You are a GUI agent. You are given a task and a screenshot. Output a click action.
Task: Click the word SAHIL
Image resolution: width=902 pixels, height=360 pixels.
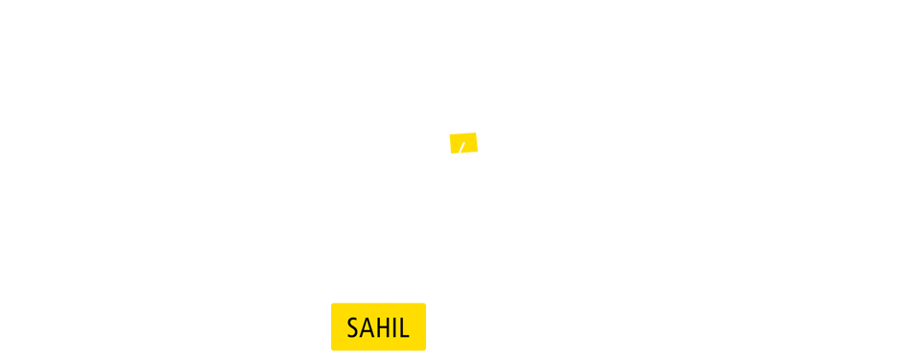tap(378, 327)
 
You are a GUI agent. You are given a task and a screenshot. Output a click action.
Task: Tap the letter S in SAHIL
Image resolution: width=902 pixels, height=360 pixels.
tap(353, 327)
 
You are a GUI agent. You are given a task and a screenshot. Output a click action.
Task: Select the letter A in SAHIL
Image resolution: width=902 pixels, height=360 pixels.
tap(367, 327)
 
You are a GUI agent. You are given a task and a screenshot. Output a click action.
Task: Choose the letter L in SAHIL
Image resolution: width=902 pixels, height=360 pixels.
tap(404, 327)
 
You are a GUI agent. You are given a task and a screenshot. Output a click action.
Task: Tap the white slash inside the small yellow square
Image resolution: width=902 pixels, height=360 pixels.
tap(462, 149)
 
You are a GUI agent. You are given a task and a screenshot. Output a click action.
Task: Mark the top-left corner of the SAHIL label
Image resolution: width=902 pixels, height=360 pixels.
tap(332, 304)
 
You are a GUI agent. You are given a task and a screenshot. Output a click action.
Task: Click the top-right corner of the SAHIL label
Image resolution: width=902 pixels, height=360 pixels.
tap(424, 304)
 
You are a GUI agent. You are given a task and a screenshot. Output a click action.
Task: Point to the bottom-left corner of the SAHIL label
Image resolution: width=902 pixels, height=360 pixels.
tap(332, 349)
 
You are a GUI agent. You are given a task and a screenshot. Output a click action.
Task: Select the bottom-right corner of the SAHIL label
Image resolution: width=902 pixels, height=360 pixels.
tap(424, 349)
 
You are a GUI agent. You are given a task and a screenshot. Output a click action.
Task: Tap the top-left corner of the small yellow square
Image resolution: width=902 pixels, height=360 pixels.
tap(450, 132)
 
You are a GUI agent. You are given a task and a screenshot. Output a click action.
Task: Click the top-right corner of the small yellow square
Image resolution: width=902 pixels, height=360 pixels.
tap(477, 132)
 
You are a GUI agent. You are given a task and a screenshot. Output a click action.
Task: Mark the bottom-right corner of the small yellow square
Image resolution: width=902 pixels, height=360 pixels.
tap(477, 153)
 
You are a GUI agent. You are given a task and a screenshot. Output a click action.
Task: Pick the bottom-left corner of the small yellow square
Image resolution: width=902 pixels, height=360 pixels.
tap(450, 153)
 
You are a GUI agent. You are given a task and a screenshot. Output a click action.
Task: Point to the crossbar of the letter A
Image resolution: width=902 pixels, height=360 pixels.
tap(367, 332)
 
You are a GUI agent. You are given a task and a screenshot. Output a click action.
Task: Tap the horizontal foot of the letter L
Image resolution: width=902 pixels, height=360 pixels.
tap(405, 337)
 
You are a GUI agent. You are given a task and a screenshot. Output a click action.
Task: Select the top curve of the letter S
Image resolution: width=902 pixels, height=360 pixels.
tap(354, 319)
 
